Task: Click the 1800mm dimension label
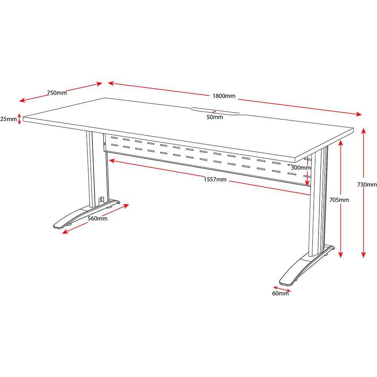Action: pos(224,96)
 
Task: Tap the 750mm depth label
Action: pos(57,93)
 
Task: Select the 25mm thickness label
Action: pos(8,119)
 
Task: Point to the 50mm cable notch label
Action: pos(215,117)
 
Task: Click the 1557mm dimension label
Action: pos(215,179)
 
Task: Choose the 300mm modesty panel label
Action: pos(301,168)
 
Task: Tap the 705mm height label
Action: pos(339,200)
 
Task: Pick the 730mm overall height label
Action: pos(367,184)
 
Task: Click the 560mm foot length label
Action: pos(97,219)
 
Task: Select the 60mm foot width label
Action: pos(280,293)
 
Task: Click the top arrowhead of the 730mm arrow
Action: pos(363,131)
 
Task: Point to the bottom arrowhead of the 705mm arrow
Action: pos(340,255)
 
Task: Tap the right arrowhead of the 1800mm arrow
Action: pos(359,114)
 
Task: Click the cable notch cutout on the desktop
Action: pos(216,111)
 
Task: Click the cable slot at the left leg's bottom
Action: pos(101,201)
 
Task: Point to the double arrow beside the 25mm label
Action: pos(20,119)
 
